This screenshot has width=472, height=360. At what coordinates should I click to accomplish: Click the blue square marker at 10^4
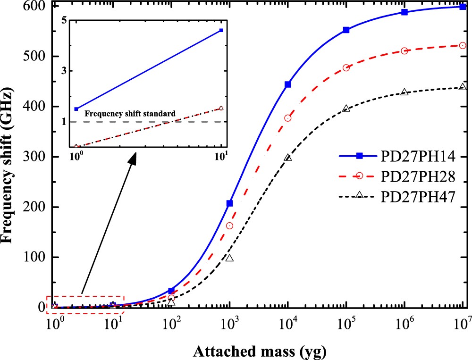click(x=288, y=84)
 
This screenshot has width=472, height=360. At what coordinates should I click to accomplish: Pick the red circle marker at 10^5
click(x=346, y=68)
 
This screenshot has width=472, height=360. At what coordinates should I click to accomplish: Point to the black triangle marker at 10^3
click(x=229, y=258)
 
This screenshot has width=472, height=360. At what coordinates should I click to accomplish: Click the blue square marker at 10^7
click(x=463, y=7)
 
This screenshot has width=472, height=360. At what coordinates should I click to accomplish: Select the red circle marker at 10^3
click(x=229, y=226)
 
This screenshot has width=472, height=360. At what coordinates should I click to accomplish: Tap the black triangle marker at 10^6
click(x=405, y=92)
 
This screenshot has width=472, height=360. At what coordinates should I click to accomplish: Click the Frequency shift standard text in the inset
click(x=130, y=114)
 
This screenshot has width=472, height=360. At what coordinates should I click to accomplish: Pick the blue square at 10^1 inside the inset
click(x=221, y=30)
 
